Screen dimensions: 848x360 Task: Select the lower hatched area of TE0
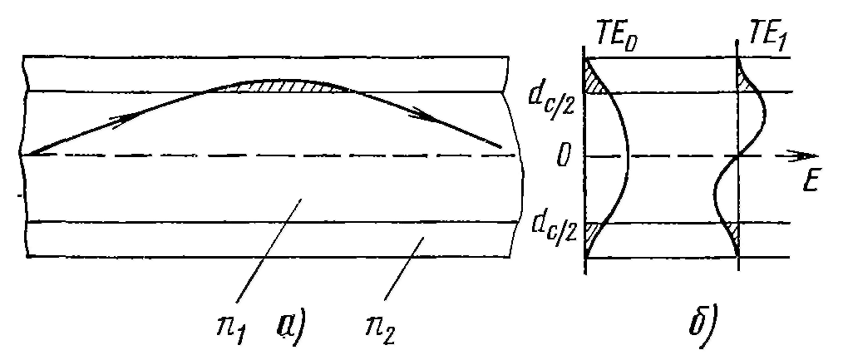(x=593, y=233)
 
